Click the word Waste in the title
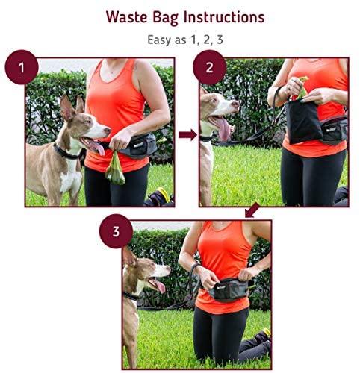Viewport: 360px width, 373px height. (126, 17)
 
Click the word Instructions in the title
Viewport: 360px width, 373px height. (224, 17)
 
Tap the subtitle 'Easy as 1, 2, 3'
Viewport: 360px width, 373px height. (185, 40)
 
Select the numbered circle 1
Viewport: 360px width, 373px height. (22, 67)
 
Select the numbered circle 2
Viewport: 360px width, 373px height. (210, 67)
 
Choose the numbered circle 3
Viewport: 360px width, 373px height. (116, 231)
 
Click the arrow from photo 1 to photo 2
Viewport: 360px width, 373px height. (187, 135)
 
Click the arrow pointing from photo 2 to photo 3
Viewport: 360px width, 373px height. (252, 210)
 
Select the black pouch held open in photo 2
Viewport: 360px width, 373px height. (303, 122)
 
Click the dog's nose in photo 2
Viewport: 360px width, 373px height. (235, 104)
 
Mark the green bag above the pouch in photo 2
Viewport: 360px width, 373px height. (302, 87)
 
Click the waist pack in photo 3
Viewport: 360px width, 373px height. (229, 289)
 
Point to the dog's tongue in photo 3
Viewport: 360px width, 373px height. (158, 285)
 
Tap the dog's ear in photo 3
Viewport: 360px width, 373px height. (129, 256)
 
